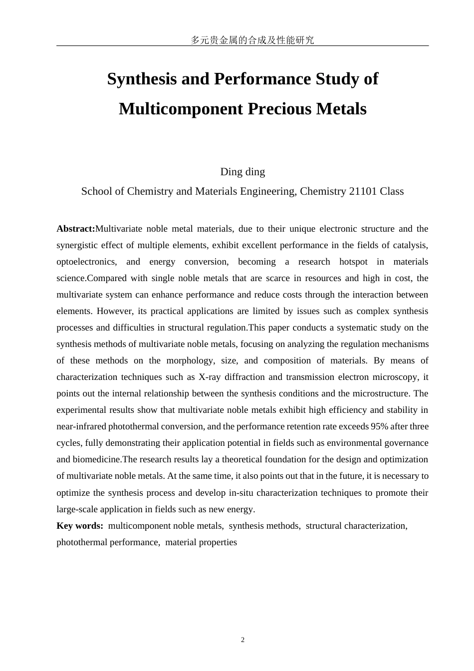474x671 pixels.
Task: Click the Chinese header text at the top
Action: pos(252,40)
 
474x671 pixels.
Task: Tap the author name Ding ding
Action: pos(242,172)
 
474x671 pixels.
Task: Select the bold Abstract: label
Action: pos(76,229)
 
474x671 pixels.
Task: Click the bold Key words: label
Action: pos(80,526)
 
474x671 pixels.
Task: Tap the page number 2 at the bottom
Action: pos(243,640)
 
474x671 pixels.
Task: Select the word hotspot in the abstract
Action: pos(353,262)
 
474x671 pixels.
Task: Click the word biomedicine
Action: pos(96,459)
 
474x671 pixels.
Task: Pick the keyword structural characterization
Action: pos(356,526)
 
